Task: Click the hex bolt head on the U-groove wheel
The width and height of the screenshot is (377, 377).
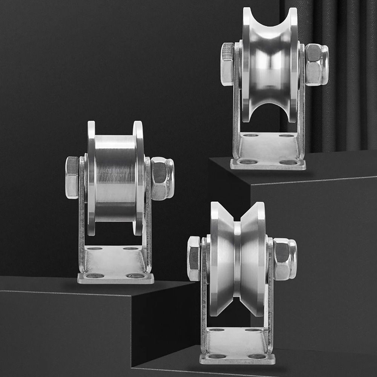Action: click(x=227, y=64)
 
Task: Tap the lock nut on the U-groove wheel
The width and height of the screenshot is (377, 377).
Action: click(x=316, y=64)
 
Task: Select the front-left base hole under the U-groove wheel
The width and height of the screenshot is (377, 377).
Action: click(x=248, y=162)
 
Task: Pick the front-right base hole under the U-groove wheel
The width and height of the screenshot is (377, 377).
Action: click(x=288, y=162)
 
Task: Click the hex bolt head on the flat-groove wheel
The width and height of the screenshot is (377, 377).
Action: click(x=72, y=177)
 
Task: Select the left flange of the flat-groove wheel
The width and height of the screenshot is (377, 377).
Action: click(x=91, y=177)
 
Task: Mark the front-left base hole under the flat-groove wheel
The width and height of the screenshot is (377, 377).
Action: click(x=95, y=276)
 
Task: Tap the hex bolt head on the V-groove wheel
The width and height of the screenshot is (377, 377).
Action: click(x=194, y=258)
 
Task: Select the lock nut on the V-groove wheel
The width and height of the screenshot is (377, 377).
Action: click(x=284, y=259)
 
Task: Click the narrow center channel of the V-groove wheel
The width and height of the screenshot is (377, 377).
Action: click(x=237, y=260)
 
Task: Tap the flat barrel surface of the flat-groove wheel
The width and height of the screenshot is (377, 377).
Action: click(x=115, y=177)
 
